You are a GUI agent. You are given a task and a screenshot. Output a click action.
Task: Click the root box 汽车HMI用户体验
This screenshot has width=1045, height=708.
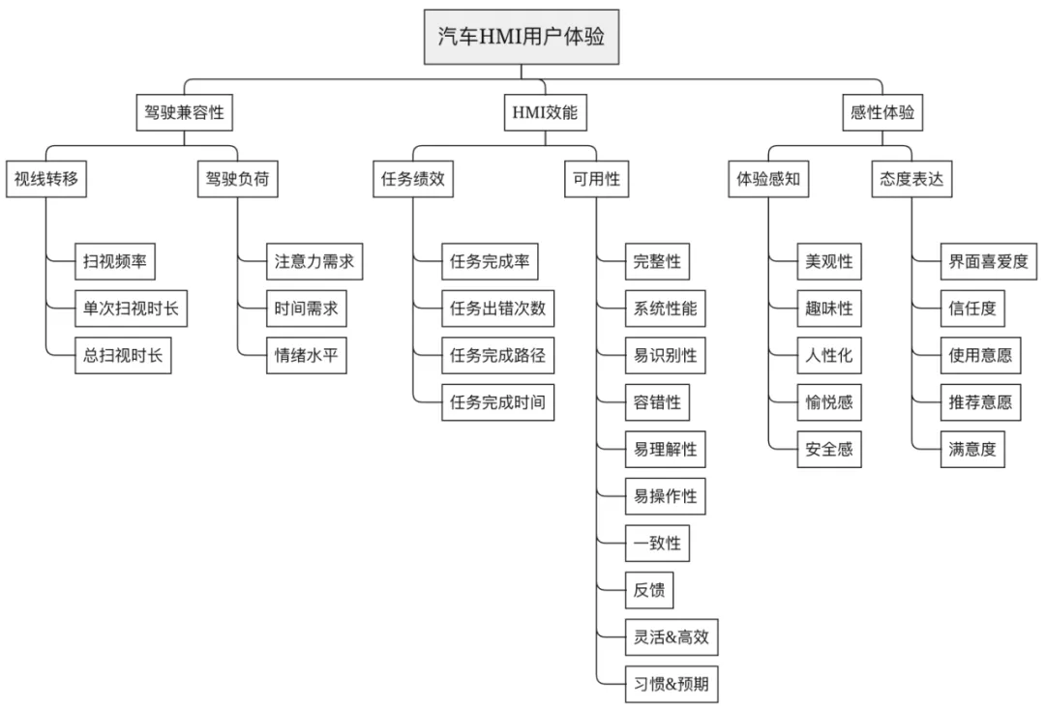521,39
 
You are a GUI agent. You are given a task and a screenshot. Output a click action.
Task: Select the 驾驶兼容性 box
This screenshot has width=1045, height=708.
184,113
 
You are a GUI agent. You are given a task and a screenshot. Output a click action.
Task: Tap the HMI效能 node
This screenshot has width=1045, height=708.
544,113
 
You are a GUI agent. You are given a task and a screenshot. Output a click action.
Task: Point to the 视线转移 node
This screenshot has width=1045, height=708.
46,180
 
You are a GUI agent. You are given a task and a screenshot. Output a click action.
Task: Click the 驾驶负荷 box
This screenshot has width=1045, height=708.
238,180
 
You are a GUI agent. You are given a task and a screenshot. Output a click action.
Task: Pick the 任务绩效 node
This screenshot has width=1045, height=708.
413,180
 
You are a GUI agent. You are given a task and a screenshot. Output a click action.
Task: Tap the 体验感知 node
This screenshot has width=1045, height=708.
769,180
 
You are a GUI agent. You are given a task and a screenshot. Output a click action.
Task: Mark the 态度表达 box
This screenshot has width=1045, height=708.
911,180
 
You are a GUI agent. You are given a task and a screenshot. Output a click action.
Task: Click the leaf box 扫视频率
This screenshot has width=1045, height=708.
115,261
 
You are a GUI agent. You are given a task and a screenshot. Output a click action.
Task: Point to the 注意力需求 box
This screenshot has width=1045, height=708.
314,261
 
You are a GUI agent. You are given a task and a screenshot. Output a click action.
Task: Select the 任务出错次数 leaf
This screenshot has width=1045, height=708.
497,309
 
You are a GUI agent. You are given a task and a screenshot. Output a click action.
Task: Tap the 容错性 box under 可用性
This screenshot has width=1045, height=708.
657,402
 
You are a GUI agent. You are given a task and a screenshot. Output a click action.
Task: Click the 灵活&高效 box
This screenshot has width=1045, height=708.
672,638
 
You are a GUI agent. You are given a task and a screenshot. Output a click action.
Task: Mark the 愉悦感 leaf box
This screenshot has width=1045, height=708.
829,402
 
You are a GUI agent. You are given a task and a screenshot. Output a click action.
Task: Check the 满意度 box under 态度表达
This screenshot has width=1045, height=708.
973,450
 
